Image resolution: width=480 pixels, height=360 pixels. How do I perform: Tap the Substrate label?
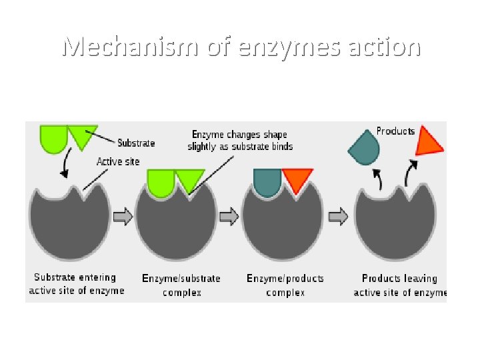[136, 143]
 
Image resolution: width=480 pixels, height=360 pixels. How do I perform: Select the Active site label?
[118, 161]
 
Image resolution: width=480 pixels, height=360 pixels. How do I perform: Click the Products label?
[395, 131]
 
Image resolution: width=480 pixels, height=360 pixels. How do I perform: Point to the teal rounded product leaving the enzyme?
[364, 149]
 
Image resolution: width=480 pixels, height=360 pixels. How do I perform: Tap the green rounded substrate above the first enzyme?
[53, 137]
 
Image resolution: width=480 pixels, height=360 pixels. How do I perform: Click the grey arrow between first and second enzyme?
[123, 216]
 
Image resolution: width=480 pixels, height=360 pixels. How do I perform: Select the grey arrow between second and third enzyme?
[229, 216]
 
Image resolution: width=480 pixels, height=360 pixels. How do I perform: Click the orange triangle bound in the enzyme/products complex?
[297, 178]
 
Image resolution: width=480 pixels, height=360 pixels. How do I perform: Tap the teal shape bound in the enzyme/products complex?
[267, 181]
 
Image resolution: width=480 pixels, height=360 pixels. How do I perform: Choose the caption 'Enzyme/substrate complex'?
[181, 285]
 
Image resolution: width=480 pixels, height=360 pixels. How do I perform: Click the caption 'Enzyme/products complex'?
[285, 285]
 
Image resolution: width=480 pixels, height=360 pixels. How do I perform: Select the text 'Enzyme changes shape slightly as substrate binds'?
[240, 141]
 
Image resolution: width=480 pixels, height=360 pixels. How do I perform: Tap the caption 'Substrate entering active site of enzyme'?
[76, 284]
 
